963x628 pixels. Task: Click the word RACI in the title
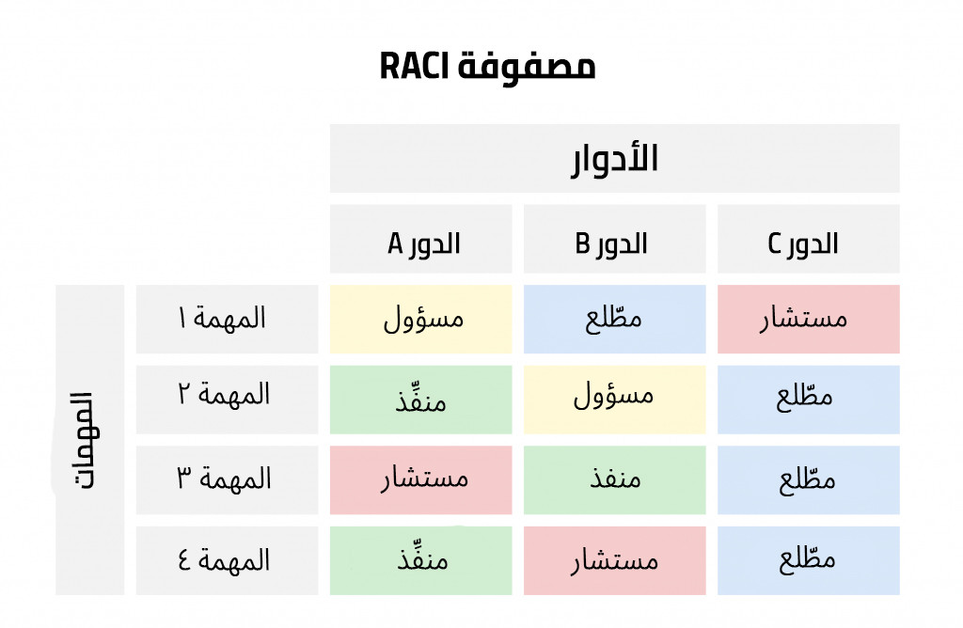(x=415, y=66)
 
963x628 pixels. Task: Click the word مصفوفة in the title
(x=527, y=67)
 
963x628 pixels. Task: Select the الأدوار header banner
(x=614, y=158)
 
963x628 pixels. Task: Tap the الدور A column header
(x=420, y=239)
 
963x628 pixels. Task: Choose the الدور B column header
(x=615, y=239)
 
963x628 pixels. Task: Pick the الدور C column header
(x=808, y=239)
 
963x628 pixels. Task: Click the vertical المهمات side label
(x=89, y=440)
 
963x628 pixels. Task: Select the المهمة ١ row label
(x=228, y=320)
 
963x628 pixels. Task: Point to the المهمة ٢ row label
(x=228, y=400)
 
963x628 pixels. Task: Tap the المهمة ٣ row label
(x=228, y=480)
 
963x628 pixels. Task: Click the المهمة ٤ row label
(x=228, y=560)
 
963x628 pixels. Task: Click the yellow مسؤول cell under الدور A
(x=420, y=320)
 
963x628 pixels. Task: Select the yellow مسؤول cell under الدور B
(x=615, y=400)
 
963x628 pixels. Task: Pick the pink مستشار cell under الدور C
(x=808, y=320)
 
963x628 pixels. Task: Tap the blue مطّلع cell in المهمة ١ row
(x=615, y=320)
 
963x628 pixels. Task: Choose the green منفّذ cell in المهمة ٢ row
(x=420, y=400)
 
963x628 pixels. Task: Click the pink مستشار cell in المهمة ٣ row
(x=420, y=480)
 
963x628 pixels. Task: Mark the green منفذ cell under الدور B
(x=615, y=480)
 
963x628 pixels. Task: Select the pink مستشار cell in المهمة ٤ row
(x=615, y=560)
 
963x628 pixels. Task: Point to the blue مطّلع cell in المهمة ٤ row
(x=808, y=560)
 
